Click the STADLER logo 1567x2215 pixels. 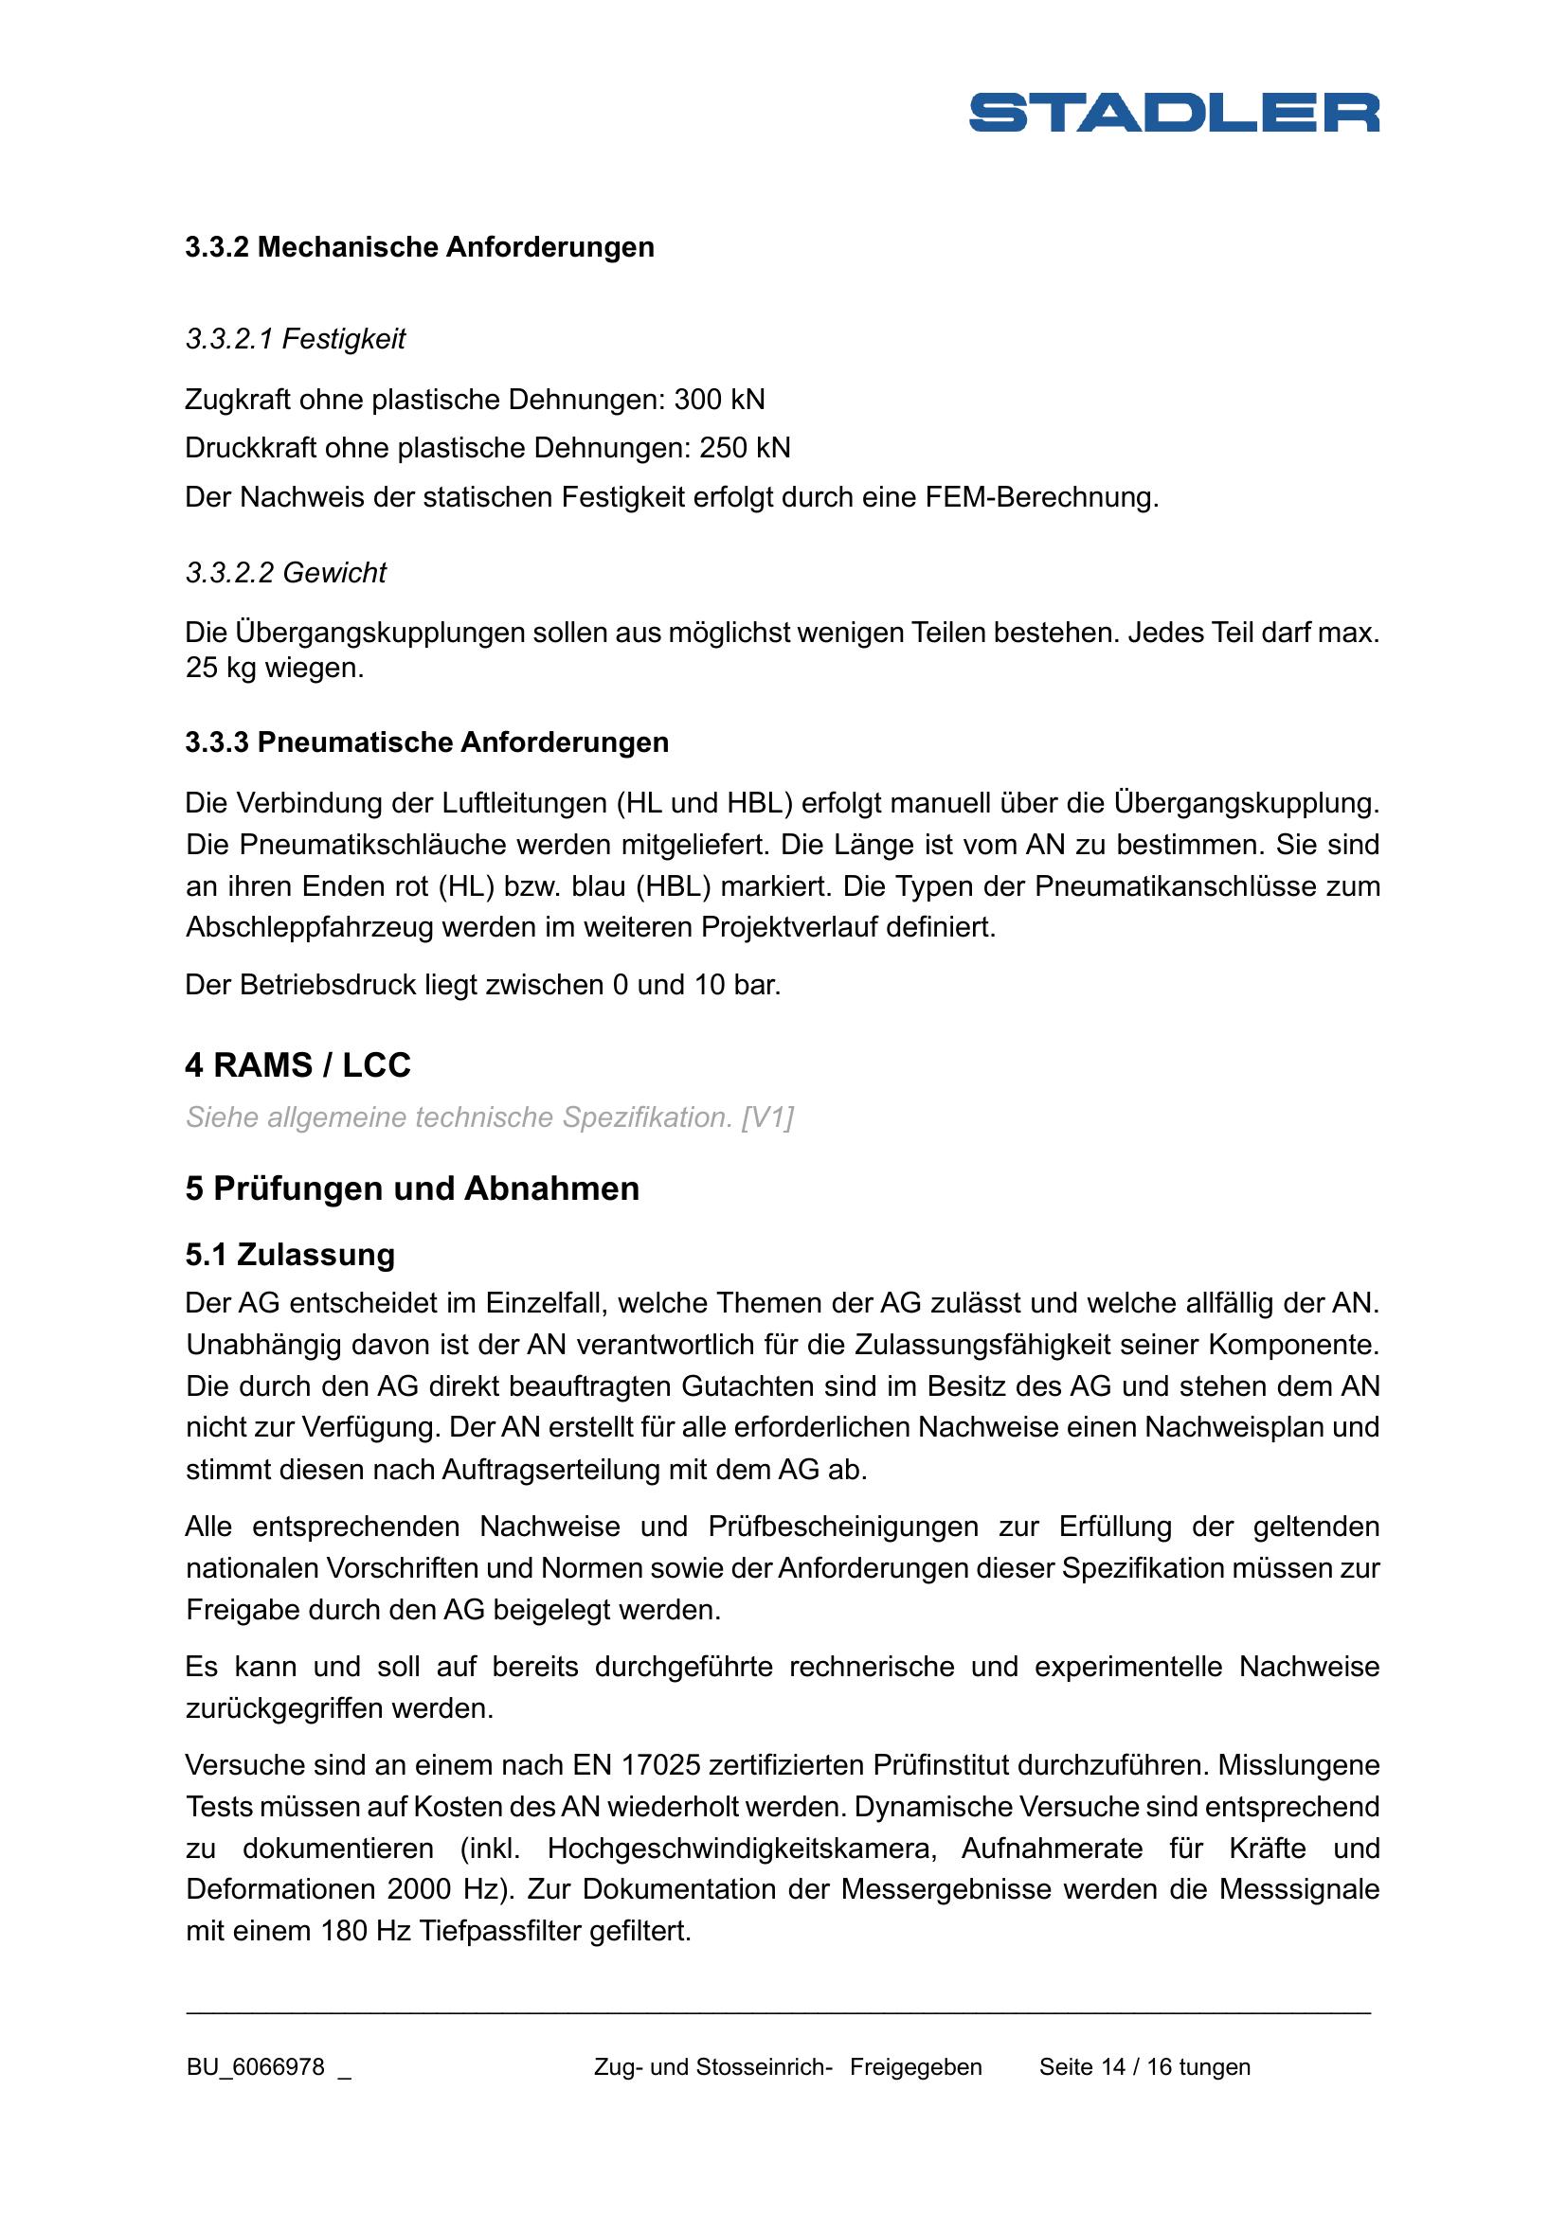point(1173,112)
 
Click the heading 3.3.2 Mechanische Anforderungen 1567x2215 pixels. point(420,247)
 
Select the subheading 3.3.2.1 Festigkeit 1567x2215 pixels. point(296,339)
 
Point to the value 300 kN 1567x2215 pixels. point(719,400)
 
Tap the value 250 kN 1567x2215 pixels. point(744,448)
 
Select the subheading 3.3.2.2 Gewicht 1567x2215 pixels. point(285,572)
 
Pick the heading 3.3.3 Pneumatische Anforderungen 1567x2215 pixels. point(426,741)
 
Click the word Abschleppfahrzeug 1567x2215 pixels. point(310,927)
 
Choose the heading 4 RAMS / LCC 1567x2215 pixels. point(298,1065)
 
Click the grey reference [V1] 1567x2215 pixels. point(767,1117)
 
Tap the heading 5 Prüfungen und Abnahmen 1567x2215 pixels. point(412,1188)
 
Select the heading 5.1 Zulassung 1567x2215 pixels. point(291,1254)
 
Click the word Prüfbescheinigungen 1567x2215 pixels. point(842,1527)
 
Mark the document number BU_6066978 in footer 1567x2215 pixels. point(256,2066)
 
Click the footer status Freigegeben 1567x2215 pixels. point(916,2066)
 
